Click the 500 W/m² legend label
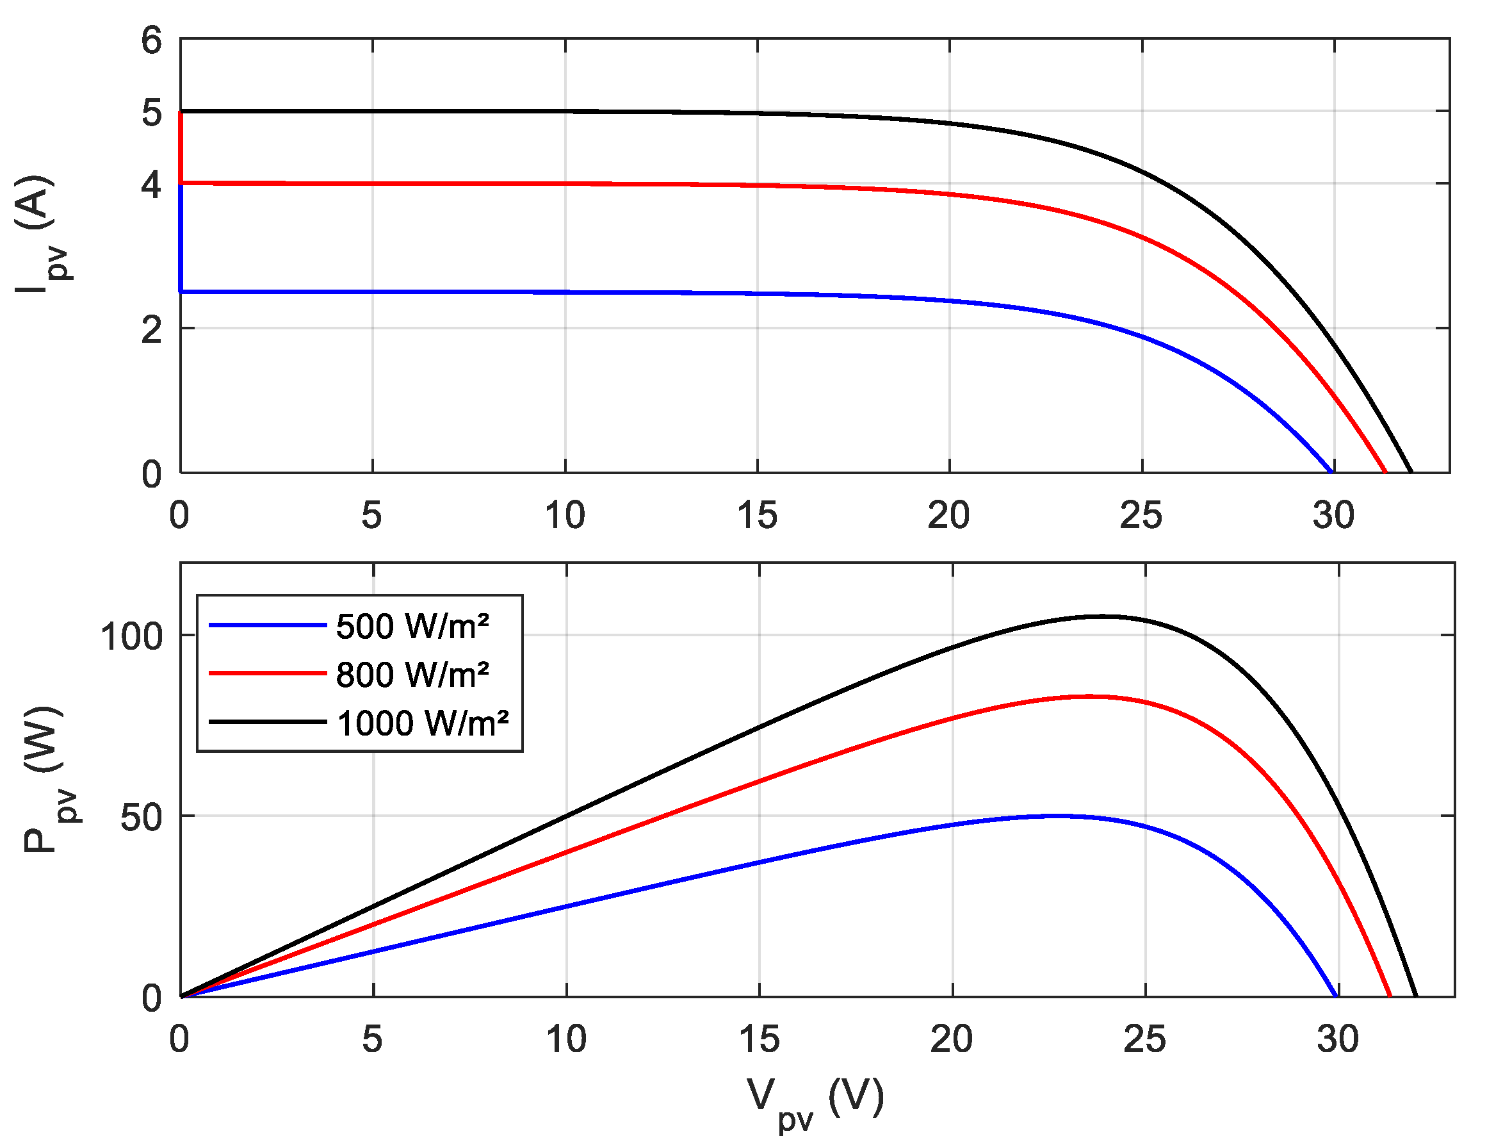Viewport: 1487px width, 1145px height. (x=412, y=626)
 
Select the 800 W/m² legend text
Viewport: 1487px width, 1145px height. (x=412, y=674)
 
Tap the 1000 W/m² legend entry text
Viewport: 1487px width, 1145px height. (x=423, y=723)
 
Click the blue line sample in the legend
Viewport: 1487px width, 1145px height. (x=268, y=625)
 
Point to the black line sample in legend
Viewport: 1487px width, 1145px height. (x=268, y=721)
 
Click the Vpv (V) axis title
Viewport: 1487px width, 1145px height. (x=815, y=1099)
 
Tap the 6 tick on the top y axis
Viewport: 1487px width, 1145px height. (x=151, y=40)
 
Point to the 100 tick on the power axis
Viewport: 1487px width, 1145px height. (x=131, y=637)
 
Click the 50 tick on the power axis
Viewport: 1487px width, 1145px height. (x=141, y=817)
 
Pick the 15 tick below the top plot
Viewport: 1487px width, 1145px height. (x=756, y=515)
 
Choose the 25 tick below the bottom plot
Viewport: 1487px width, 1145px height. (x=1144, y=1039)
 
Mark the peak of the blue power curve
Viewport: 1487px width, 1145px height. (x=1055, y=815)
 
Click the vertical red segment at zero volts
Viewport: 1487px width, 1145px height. (x=181, y=147)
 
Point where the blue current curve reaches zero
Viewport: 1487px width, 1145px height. (x=1331, y=472)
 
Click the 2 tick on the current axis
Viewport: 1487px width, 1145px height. (x=151, y=330)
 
